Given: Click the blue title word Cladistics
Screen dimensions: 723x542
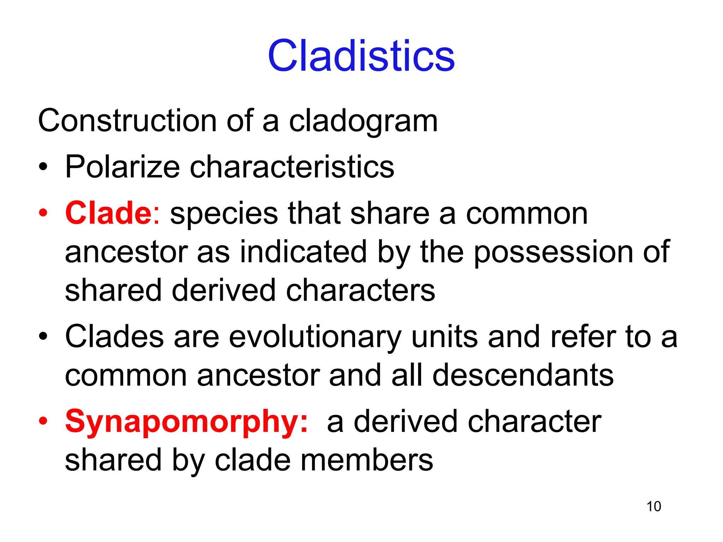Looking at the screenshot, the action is [361, 55].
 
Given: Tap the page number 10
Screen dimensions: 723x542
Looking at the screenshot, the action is [653, 506].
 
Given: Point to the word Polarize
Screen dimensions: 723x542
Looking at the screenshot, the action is [122, 167].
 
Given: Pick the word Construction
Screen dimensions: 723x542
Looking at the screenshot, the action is [127, 121].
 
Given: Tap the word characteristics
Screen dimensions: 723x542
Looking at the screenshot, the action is [292, 167].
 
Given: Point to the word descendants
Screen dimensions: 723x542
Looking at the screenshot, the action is [523, 375].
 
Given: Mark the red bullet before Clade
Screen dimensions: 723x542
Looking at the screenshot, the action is [43, 213].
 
